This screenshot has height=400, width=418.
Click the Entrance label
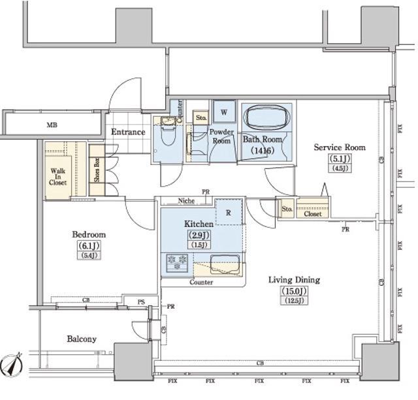coord(127,132)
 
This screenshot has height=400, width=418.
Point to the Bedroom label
coord(88,234)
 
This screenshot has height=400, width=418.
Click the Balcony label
coord(81,339)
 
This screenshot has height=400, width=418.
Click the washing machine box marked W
coord(223,112)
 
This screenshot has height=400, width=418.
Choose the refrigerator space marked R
coord(229,212)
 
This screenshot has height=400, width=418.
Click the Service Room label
coord(339,147)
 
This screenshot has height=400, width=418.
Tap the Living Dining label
coord(294,280)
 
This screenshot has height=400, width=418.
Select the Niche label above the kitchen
coord(185,201)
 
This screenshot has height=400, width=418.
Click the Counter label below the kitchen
coord(201,283)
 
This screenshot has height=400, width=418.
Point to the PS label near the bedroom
coord(142,301)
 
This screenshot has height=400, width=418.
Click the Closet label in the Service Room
coord(313,213)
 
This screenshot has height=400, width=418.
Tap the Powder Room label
coord(221,136)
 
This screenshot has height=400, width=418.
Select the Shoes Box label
coord(96,170)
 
